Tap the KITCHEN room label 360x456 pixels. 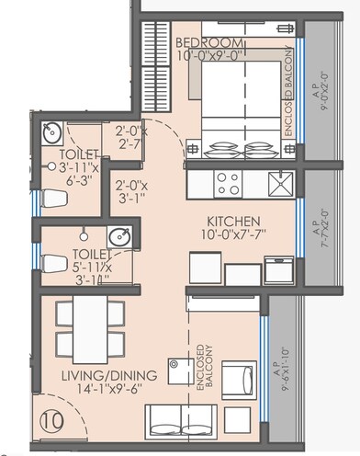coord(233,222)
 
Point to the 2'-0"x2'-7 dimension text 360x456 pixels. coord(131,137)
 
